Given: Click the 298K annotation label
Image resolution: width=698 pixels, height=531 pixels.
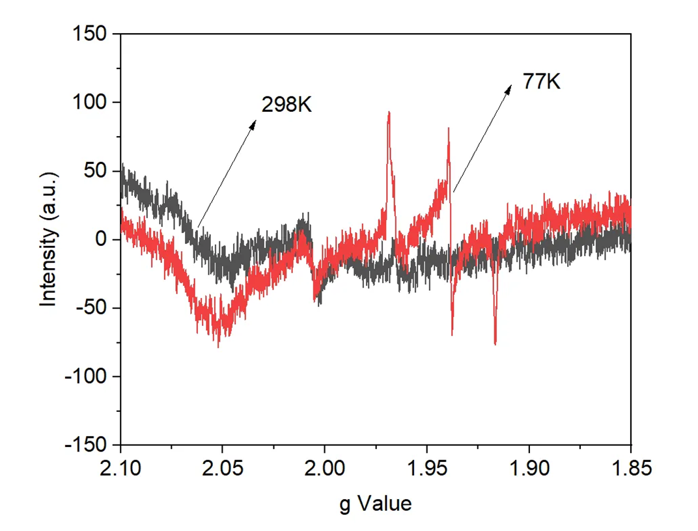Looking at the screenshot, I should [287, 105].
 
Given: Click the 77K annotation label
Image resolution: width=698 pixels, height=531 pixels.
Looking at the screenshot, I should [541, 83].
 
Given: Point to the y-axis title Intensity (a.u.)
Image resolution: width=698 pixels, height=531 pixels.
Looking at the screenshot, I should [49, 239].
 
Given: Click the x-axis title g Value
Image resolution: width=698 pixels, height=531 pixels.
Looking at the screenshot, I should [376, 503].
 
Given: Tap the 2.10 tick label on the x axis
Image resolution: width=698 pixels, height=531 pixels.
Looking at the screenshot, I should [120, 469].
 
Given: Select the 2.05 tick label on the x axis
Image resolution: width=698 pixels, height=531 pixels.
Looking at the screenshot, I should [222, 469].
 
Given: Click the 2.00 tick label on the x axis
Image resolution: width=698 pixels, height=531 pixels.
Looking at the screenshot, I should [324, 469].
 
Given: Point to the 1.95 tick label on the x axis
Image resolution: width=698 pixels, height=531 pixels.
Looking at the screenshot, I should [426, 469].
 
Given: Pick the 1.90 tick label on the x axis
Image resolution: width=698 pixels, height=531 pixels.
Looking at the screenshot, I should [529, 469].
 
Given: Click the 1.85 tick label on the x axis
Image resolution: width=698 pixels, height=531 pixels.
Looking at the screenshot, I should [630, 469].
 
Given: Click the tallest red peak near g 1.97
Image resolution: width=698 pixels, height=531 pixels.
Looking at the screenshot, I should [389, 113].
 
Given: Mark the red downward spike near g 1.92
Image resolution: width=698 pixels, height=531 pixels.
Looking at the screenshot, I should [496, 343].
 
